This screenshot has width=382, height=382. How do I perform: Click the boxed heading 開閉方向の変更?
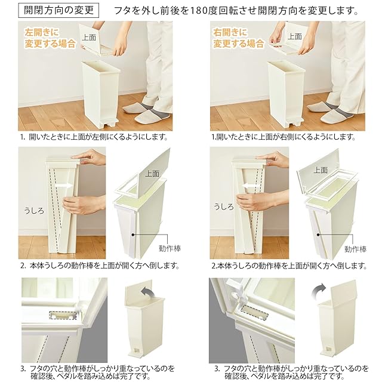(x=58, y=10)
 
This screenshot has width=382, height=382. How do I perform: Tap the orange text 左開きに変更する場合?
(x=50, y=38)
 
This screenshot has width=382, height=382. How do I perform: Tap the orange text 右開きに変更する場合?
(x=239, y=38)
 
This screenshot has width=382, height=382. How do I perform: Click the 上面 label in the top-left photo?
(x=89, y=37)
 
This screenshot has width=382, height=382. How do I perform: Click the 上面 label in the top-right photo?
(x=294, y=36)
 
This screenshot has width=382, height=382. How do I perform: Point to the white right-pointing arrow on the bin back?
(x=64, y=186)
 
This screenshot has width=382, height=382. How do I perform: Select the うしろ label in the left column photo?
(x=35, y=211)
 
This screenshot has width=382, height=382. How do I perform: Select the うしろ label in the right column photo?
(x=223, y=207)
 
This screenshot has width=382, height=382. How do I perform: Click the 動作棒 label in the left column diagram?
(x=170, y=248)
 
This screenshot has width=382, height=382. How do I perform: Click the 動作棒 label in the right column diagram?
(x=356, y=249)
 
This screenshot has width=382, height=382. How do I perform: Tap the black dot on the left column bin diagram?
(x=133, y=235)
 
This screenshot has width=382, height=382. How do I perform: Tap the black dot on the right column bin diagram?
(x=318, y=235)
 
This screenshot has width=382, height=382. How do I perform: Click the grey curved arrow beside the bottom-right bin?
(x=318, y=290)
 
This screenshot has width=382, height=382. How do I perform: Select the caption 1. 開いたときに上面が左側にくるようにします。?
(x=94, y=137)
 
